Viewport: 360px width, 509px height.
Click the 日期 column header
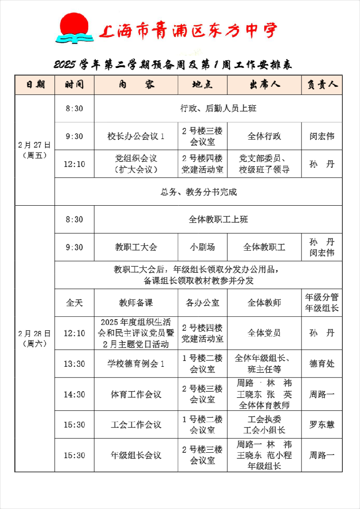click(x=35, y=85)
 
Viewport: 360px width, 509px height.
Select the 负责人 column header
click(x=322, y=85)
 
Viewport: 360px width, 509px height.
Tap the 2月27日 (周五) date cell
click(x=35, y=150)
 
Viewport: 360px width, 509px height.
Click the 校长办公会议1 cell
click(x=136, y=136)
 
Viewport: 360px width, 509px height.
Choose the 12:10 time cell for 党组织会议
click(x=74, y=164)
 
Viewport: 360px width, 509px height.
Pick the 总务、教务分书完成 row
click(x=198, y=192)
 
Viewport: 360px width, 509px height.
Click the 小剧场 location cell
click(x=202, y=247)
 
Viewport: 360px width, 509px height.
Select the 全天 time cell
click(x=74, y=303)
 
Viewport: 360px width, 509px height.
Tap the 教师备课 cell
click(x=136, y=303)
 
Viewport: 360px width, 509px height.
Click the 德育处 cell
click(x=322, y=364)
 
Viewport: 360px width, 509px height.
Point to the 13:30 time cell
click(x=74, y=364)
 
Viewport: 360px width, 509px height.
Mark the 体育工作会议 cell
click(x=136, y=395)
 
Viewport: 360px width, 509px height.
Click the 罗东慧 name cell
click(x=322, y=425)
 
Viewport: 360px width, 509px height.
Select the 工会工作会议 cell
click(x=136, y=425)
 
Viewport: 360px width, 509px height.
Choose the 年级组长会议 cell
click(x=136, y=455)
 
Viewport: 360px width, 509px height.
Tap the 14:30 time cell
click(x=74, y=395)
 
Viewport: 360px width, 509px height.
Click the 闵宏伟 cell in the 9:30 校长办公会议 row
click(x=322, y=136)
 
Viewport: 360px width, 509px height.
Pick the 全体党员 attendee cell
click(x=264, y=333)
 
